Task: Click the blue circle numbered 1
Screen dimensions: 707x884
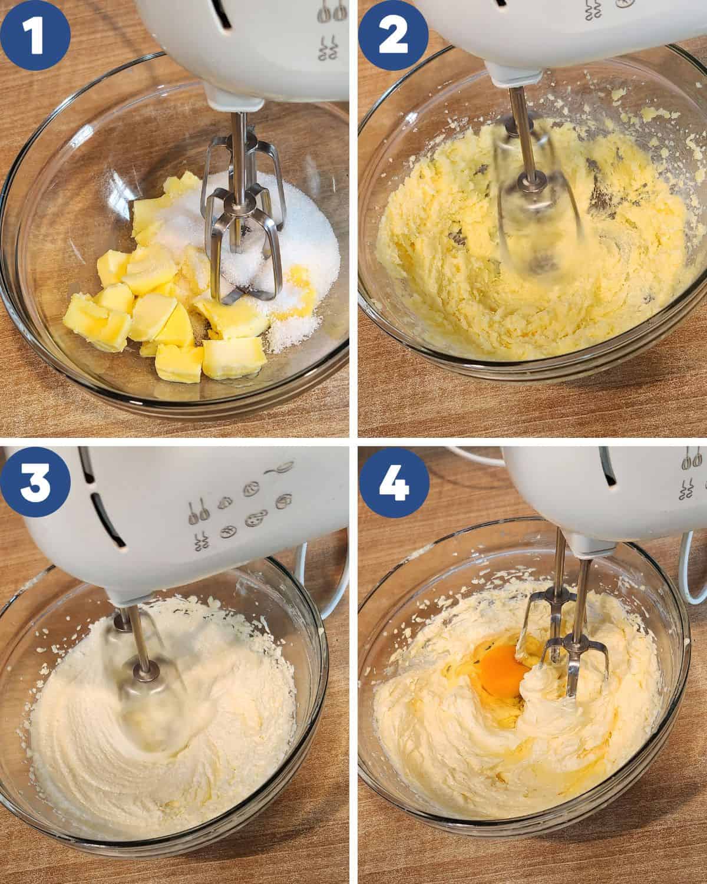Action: (35, 35)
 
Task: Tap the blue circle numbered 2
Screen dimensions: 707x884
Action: (394, 36)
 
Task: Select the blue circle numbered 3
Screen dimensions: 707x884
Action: (35, 482)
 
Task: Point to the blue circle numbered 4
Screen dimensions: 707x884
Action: (394, 483)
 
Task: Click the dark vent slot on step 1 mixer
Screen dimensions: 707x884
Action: (223, 14)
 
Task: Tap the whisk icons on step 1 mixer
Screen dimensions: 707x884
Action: (332, 12)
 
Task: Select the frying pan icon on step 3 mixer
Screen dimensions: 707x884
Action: (280, 468)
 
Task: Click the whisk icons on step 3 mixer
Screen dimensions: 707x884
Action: (198, 511)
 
